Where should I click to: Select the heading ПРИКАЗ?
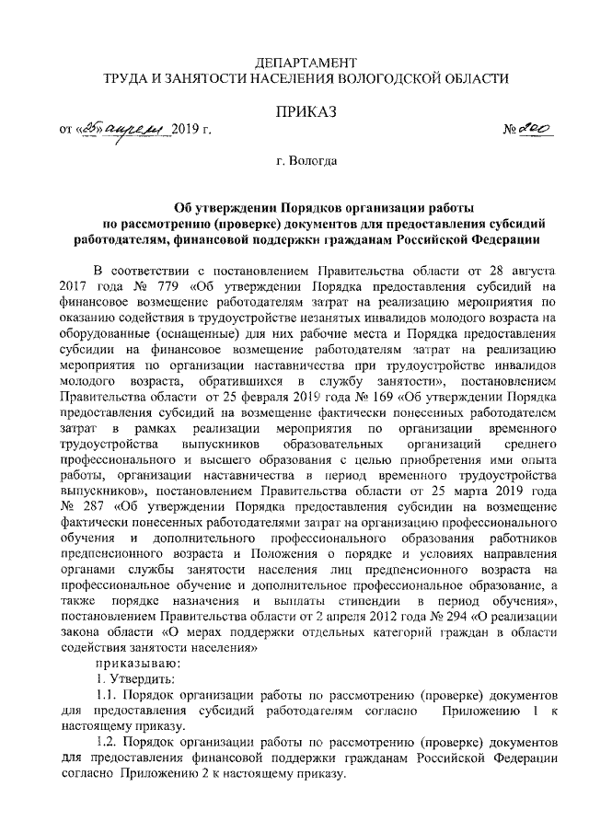pyautogui.click(x=304, y=111)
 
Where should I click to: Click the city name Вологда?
pyautogui.click(x=312, y=162)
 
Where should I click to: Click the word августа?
pyautogui.click(x=524, y=270)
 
